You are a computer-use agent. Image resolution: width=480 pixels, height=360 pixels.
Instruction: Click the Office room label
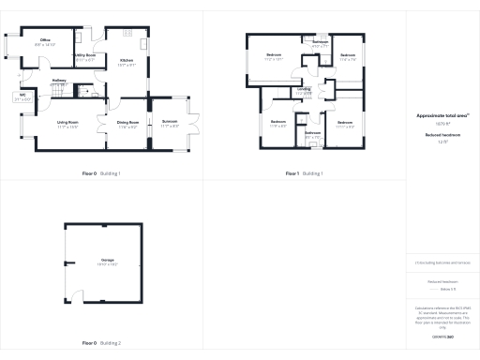[x=46, y=40]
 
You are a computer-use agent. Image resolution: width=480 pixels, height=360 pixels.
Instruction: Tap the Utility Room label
[x=83, y=58]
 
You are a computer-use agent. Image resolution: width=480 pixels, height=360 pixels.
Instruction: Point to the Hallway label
[x=58, y=81]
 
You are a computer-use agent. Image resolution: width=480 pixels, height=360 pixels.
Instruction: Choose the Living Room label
[x=67, y=122]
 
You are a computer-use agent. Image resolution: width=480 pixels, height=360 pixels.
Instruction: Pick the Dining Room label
[x=127, y=122]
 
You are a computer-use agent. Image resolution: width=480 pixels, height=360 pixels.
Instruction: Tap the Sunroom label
[x=170, y=122]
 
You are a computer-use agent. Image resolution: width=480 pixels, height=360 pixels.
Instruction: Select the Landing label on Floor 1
[x=304, y=90]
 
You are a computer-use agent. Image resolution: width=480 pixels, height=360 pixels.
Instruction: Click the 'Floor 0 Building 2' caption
[x=101, y=344]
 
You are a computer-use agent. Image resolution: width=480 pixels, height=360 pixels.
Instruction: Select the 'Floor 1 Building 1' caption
[x=304, y=173]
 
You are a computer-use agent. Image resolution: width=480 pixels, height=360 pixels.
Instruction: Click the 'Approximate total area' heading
[x=442, y=114]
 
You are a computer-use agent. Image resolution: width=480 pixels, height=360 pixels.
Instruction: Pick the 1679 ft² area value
[x=442, y=122]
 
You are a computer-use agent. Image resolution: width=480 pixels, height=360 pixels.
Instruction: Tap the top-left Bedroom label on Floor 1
[x=274, y=56]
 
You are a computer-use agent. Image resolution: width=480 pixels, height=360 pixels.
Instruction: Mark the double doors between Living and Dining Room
[x=105, y=124]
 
